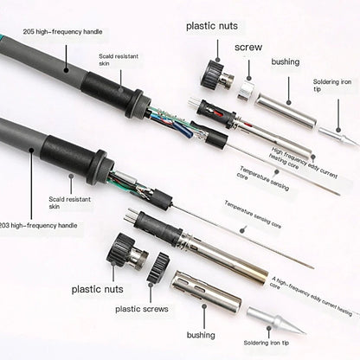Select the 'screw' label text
coord(248,48)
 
